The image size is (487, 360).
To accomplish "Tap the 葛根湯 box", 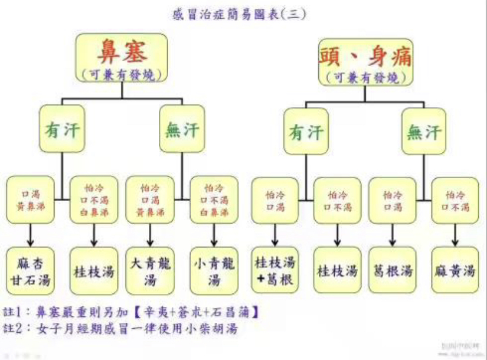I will (392, 271).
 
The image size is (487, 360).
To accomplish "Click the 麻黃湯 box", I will (454, 271).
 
